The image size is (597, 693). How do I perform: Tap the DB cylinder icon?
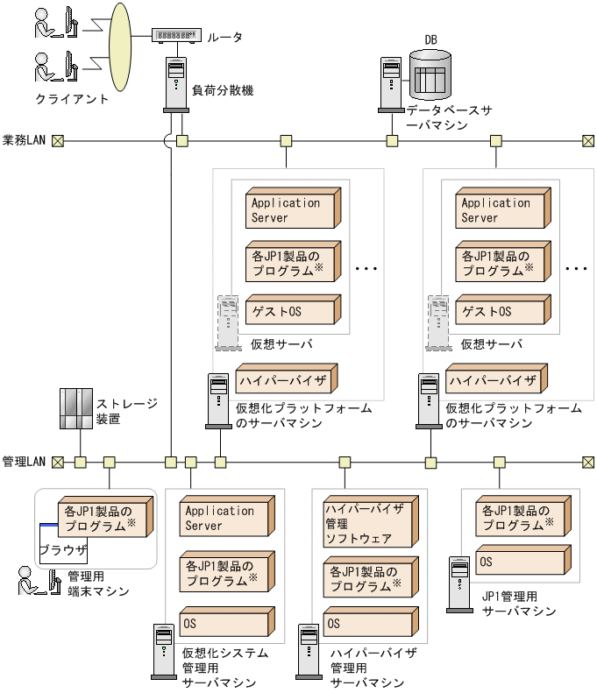430,74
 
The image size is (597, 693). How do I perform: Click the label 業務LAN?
25,140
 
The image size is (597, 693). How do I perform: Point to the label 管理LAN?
25,461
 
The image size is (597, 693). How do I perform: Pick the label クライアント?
72,99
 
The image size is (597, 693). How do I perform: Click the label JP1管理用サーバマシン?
519,603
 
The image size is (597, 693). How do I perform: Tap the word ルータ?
224,37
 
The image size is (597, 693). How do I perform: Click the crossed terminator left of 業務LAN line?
58,140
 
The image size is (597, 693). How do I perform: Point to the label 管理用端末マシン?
98,584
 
